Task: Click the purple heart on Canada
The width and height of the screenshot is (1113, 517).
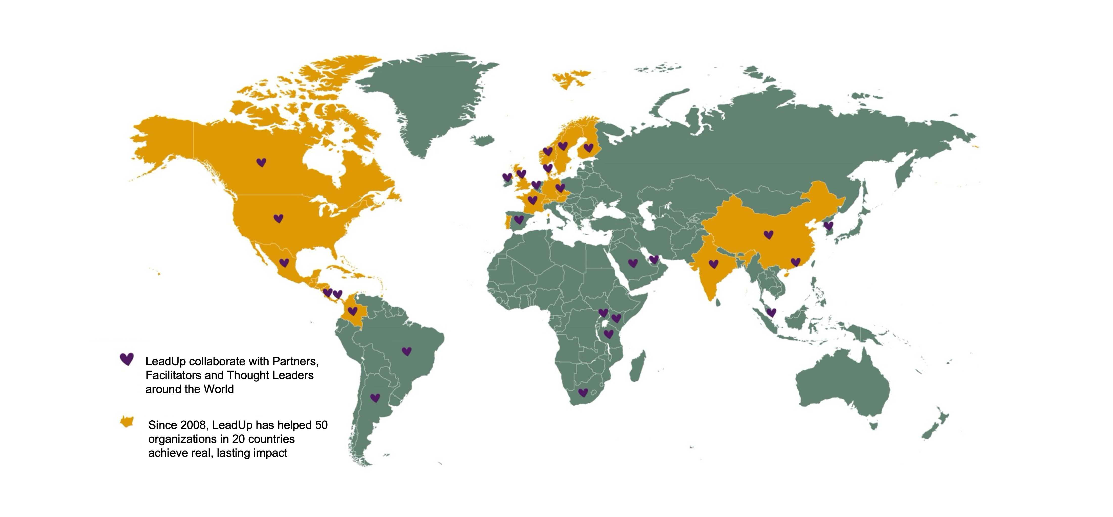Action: coord(261,163)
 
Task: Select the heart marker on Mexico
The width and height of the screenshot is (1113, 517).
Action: coord(284,263)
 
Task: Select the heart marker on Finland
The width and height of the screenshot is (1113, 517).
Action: coord(589,148)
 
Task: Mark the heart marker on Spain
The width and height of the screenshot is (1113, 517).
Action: coord(519,220)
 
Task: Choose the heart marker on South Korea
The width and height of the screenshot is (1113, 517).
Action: coord(828,226)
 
